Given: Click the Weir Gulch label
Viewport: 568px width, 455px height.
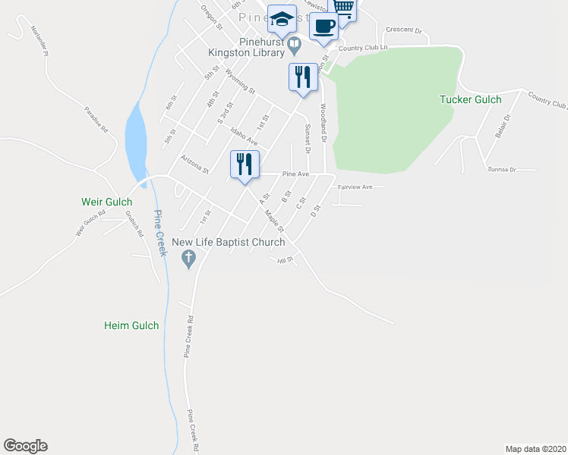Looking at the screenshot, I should [107, 202].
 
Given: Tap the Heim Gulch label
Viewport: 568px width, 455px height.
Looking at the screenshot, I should [131, 325].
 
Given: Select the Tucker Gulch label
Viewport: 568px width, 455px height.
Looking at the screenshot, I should [470, 99].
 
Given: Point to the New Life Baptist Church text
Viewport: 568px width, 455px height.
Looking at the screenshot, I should [228, 243].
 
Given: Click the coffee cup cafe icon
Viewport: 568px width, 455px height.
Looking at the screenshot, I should [323, 26].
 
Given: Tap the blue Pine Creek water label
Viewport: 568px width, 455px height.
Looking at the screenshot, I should [159, 232].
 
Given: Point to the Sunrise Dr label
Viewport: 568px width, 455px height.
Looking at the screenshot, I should [502, 169].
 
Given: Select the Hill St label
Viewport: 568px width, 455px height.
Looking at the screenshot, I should [286, 260].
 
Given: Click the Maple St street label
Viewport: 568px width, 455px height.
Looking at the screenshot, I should [274, 221].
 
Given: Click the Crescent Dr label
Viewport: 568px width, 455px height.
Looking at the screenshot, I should [403, 30].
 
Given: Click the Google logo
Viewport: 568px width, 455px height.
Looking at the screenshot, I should [25, 446].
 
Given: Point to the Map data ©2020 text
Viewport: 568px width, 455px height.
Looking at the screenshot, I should [535, 448].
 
